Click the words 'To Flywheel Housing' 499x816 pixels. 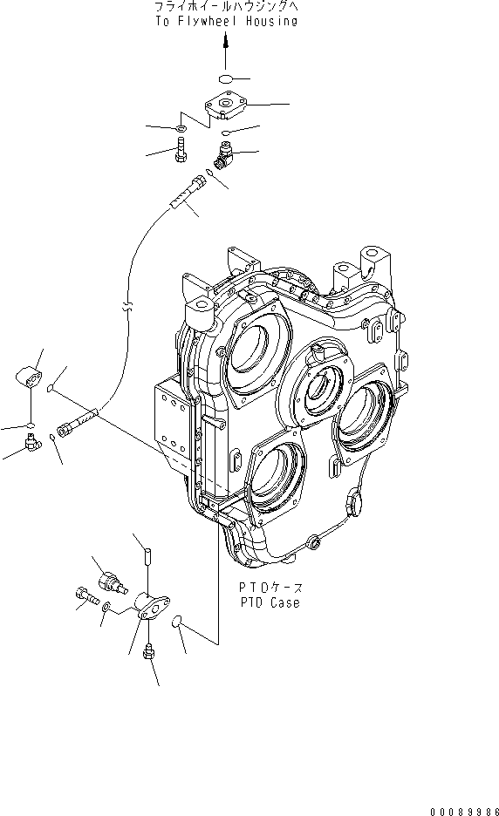click(x=225, y=21)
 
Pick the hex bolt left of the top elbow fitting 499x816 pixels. click(x=180, y=154)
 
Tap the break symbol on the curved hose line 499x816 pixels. click(x=127, y=308)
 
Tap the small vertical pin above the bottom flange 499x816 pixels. click(x=147, y=553)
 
